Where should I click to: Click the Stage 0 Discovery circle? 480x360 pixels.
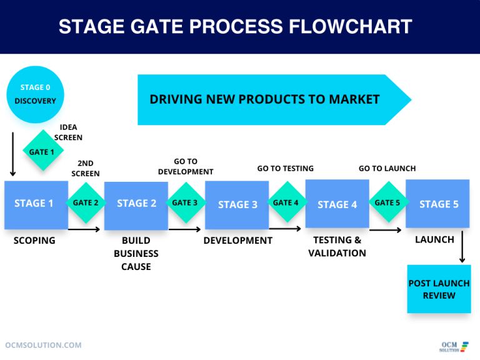[35, 94]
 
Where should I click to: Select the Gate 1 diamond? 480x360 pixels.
[42, 152]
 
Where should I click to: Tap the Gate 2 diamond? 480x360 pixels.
[86, 202]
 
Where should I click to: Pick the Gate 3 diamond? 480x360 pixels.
[185, 202]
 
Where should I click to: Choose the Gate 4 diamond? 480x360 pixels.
[286, 202]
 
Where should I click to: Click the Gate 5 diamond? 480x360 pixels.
[387, 202]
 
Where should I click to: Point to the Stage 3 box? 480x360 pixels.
[237, 205]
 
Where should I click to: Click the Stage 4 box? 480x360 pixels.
[337, 204]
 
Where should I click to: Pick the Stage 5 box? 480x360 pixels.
[437, 204]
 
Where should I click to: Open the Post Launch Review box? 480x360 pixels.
[439, 289]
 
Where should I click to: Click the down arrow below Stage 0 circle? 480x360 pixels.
[12, 154]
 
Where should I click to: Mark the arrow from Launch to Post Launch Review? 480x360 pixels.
[462, 247]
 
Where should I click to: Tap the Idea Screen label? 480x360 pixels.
[68, 132]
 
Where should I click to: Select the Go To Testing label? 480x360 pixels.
[285, 168]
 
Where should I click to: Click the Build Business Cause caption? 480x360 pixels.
[136, 253]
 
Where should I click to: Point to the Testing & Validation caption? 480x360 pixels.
[337, 246]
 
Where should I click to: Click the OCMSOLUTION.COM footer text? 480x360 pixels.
[43, 345]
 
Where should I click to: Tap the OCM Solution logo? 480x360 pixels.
[453, 346]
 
